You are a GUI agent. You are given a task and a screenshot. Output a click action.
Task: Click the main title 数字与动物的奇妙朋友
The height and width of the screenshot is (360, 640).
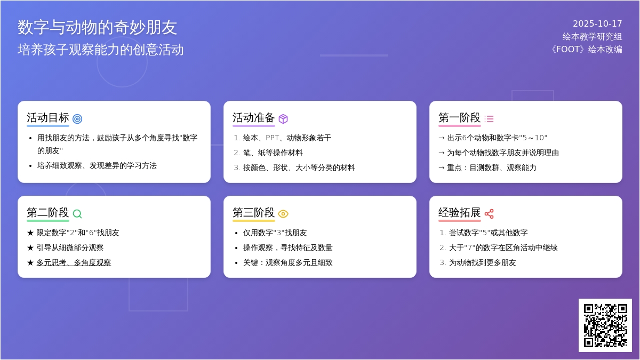[98, 27]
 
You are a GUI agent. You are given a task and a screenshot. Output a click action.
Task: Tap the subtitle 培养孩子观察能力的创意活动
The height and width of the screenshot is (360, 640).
[101, 50]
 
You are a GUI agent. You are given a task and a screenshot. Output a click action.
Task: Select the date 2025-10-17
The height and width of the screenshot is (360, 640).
[597, 24]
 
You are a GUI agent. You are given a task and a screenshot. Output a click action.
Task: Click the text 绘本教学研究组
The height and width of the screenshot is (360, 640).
[592, 37]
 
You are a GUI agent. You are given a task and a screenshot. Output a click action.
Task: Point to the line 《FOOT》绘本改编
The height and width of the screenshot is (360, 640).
[585, 50]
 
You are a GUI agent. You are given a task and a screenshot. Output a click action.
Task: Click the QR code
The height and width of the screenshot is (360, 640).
[605, 325]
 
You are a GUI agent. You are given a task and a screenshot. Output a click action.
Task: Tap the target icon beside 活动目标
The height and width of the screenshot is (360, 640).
[77, 119]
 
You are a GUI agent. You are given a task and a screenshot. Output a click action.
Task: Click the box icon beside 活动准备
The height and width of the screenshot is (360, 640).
[283, 119]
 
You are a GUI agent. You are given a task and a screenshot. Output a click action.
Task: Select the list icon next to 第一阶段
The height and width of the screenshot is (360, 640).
[489, 119]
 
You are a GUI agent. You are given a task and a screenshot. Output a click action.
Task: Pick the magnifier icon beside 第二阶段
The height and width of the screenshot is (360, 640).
[77, 214]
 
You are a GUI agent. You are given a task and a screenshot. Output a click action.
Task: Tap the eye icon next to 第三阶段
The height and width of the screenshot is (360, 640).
[283, 214]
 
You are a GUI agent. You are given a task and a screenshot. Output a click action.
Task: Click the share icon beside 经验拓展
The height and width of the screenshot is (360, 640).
[489, 214]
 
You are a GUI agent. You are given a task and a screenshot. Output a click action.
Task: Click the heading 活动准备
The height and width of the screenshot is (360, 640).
[253, 118]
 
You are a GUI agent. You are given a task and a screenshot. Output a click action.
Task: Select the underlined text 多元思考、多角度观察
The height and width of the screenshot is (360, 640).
[74, 262]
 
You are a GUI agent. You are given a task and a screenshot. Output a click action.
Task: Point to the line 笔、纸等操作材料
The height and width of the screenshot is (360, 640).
[273, 153]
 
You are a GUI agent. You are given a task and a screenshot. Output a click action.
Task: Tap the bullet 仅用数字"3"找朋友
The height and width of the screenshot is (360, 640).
[275, 233]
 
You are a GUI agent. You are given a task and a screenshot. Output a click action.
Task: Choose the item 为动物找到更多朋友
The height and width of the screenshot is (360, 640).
[482, 262]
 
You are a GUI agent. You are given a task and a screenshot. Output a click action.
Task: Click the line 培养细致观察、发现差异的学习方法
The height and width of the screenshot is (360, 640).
[97, 165]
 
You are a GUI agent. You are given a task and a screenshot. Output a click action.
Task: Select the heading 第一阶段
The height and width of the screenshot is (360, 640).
[459, 118]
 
